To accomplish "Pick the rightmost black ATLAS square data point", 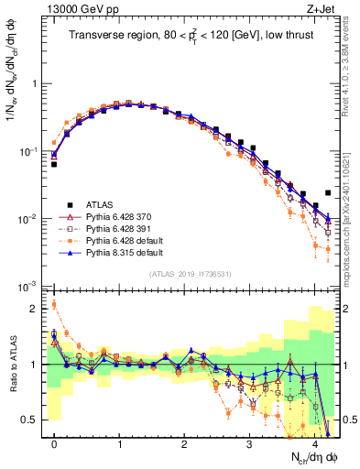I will click(328, 193).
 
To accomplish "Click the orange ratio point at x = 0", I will click(54, 305).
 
